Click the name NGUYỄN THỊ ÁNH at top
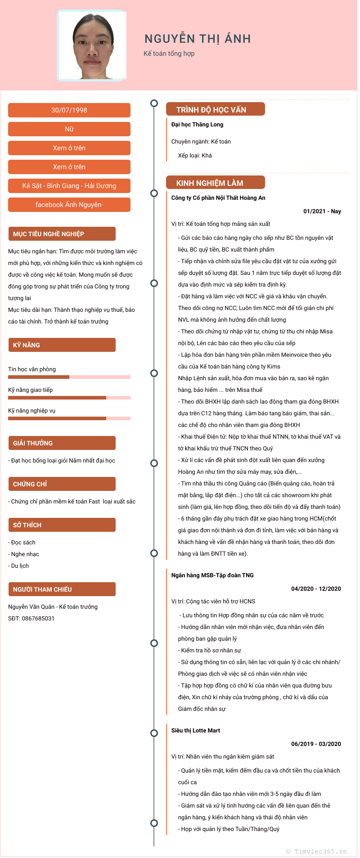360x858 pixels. click(198, 39)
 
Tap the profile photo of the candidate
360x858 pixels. click(92, 46)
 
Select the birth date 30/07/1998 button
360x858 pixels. click(69, 110)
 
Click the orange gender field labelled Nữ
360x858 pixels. click(69, 129)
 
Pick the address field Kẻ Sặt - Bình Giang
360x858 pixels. click(69, 186)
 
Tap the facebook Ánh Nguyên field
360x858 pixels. click(69, 205)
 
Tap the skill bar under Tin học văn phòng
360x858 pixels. click(69, 377)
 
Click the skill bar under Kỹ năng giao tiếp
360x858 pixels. click(69, 398)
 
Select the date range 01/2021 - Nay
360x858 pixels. click(322, 211)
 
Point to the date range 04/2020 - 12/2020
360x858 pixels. click(316, 589)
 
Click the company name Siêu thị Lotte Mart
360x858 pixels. click(196, 731)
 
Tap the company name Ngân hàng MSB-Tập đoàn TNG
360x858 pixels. click(212, 575)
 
